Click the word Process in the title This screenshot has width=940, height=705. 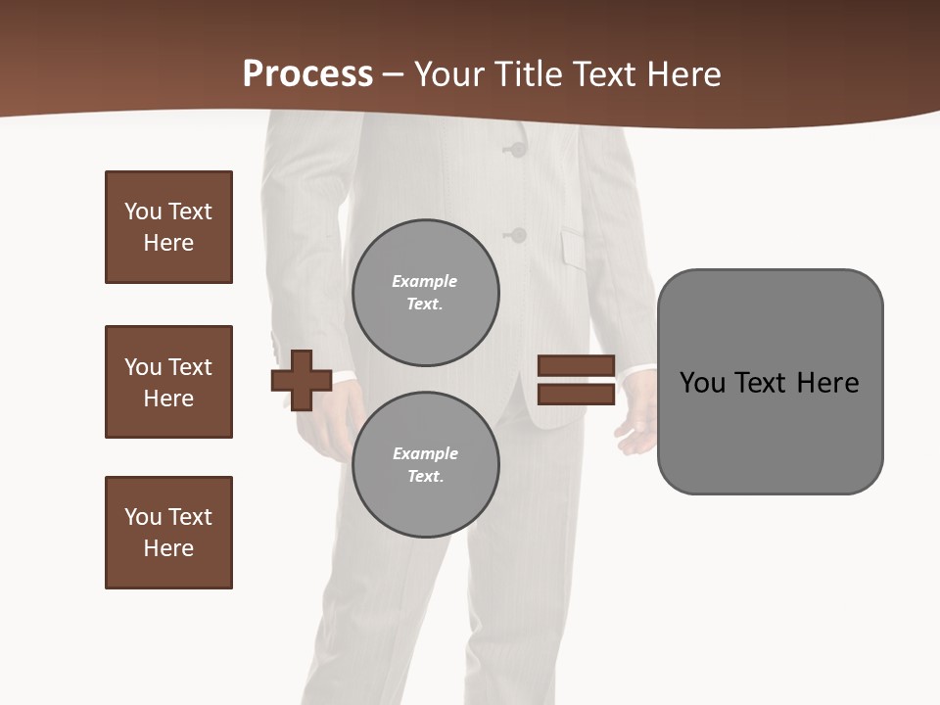click(x=307, y=74)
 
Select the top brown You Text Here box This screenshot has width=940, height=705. click(x=168, y=227)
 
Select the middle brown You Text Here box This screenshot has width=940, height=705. click(x=168, y=382)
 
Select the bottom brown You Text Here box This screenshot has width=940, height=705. click(x=168, y=533)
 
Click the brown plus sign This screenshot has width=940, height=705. click(x=302, y=380)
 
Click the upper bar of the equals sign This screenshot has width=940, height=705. click(x=576, y=366)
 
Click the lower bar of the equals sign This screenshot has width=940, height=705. click(x=576, y=395)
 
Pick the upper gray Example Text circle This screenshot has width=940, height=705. click(x=425, y=292)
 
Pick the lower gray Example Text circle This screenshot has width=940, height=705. click(x=425, y=464)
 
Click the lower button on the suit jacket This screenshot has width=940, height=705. click(x=517, y=235)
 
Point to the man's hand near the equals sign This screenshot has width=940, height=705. click(x=636, y=431)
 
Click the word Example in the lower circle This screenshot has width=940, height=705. click(x=425, y=453)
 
